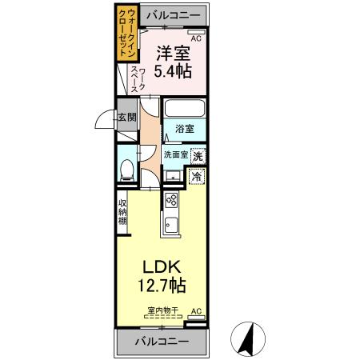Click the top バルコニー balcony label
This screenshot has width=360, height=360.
click(172, 16)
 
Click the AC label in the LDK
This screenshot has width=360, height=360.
click(196, 310)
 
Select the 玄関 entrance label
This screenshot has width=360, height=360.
click(128, 118)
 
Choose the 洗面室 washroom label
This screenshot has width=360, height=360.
click(175, 154)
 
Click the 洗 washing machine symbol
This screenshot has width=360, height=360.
click(197, 156)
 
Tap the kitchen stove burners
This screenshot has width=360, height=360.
click(171, 199)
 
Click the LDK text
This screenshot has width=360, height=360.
click(165, 267)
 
